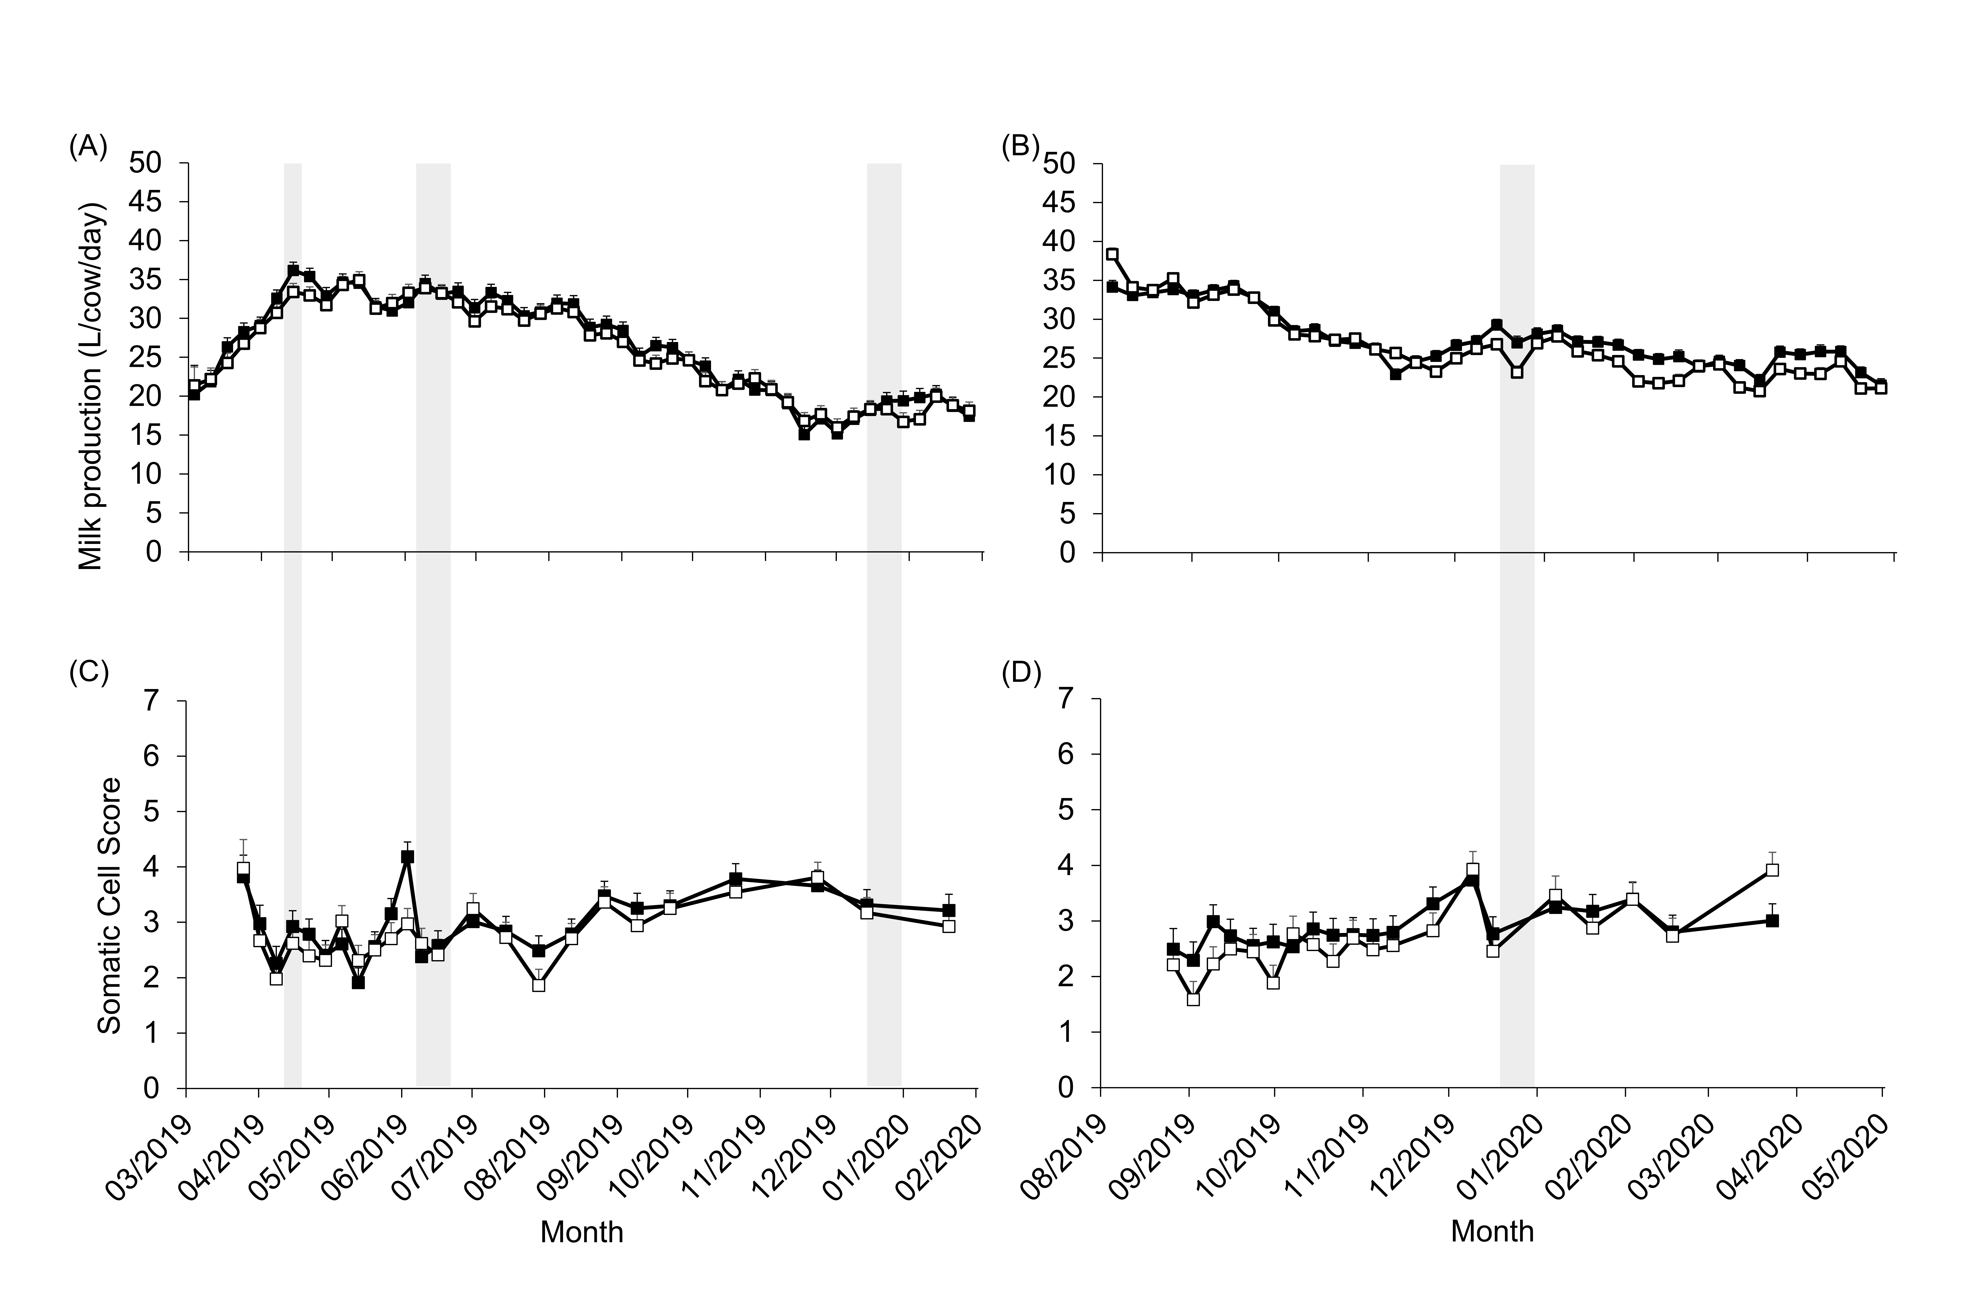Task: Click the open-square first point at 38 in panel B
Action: click(x=1112, y=254)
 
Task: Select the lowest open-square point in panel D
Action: click(x=1193, y=999)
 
